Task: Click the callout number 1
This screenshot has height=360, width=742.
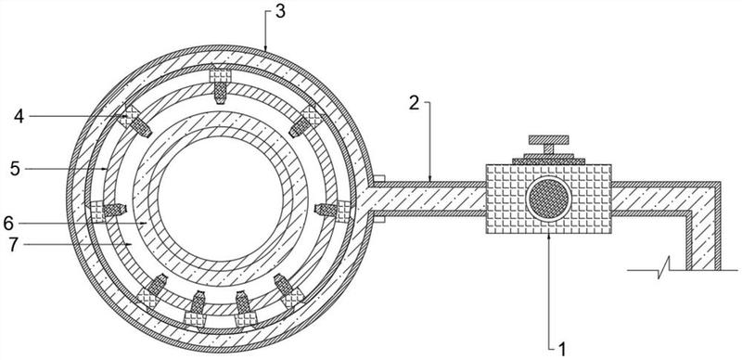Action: (562, 350)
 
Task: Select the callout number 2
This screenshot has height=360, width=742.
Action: (414, 103)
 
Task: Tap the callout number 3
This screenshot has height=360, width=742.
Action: (280, 11)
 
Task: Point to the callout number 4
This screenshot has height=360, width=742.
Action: (19, 117)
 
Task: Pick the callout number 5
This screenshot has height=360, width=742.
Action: (16, 169)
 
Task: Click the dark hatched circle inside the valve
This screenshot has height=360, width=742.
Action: (549, 199)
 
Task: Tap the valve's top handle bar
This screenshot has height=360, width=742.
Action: (548, 140)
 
